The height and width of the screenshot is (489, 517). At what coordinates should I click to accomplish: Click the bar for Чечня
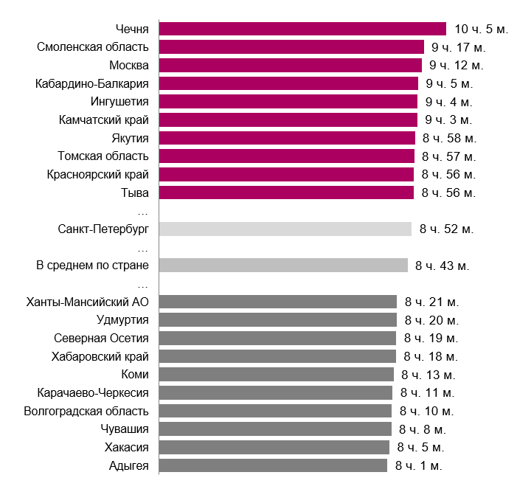point(302,30)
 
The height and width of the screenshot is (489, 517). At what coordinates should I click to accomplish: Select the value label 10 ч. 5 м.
point(480,30)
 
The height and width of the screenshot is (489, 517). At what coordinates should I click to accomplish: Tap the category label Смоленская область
point(93,47)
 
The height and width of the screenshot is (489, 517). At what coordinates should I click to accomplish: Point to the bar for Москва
point(290,66)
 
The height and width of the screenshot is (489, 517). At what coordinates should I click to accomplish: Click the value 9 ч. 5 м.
point(449,83)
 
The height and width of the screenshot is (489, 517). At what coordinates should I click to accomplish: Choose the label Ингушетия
point(119,101)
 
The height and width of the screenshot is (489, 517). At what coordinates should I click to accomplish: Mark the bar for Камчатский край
point(288,119)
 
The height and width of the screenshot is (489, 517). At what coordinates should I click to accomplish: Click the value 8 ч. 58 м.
point(450,138)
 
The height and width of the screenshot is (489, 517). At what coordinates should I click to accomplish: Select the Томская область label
point(103,156)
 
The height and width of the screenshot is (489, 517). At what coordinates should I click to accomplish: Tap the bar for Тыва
point(286,193)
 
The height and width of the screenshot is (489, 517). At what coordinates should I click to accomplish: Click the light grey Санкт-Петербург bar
point(285,229)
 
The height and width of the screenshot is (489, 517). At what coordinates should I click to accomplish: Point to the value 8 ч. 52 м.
point(446,229)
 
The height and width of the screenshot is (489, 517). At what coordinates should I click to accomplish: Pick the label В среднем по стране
point(92,265)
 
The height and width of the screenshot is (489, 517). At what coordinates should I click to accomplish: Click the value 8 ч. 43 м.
point(443,266)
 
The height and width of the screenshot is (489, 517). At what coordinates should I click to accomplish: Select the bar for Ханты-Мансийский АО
point(278,302)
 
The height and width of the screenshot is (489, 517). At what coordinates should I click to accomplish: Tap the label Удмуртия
point(122,319)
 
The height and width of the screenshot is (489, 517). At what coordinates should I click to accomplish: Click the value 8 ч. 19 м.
point(431,339)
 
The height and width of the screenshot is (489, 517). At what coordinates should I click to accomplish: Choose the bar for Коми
point(277,374)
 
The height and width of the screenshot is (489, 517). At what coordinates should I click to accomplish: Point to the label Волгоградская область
point(86,411)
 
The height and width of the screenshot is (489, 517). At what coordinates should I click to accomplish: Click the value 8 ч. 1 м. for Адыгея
point(419,465)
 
